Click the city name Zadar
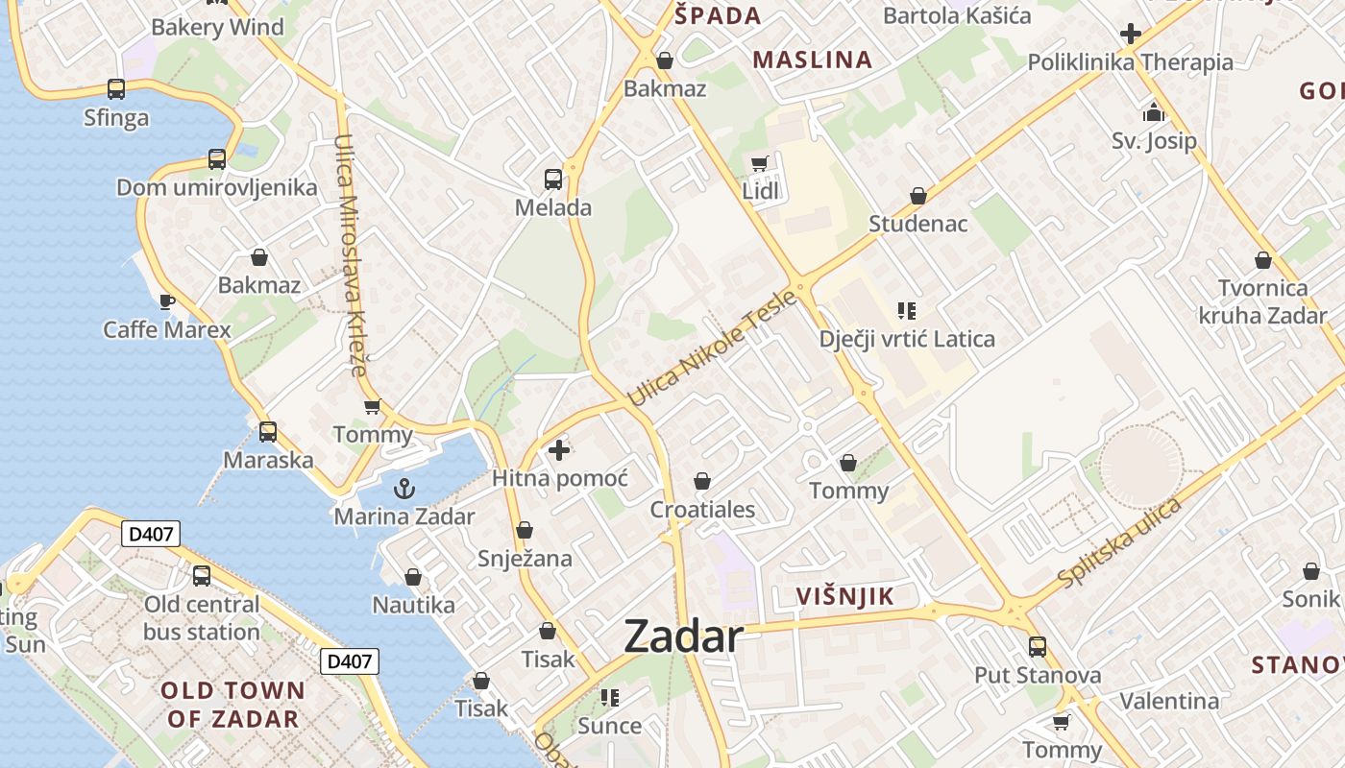click(x=683, y=636)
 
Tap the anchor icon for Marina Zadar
click(x=404, y=488)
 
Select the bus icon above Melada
click(x=552, y=179)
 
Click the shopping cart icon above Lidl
click(x=760, y=163)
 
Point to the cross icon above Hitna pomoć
click(x=558, y=449)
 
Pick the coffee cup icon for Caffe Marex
click(x=167, y=301)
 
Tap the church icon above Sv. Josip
click(x=1154, y=112)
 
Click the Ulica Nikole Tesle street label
click(x=712, y=348)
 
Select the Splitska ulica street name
click(x=1119, y=543)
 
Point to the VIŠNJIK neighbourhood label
click(x=844, y=596)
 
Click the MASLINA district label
click(x=812, y=60)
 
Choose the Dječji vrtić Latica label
click(x=907, y=339)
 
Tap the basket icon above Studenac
click(x=917, y=196)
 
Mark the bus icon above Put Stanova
click(x=1037, y=646)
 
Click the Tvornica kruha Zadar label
click(x=1262, y=301)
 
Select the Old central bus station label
click(x=202, y=618)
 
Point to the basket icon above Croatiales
click(x=702, y=481)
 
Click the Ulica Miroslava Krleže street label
click(x=351, y=254)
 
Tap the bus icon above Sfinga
click(x=116, y=89)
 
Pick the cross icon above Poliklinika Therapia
click(x=1131, y=34)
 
